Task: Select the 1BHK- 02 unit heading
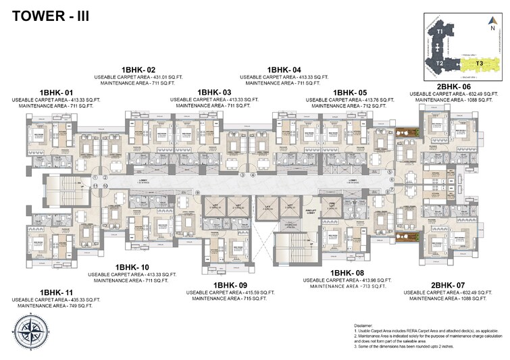tap(138, 70)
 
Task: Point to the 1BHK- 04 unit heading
tap(284, 70)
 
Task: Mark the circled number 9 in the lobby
tap(198, 193)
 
